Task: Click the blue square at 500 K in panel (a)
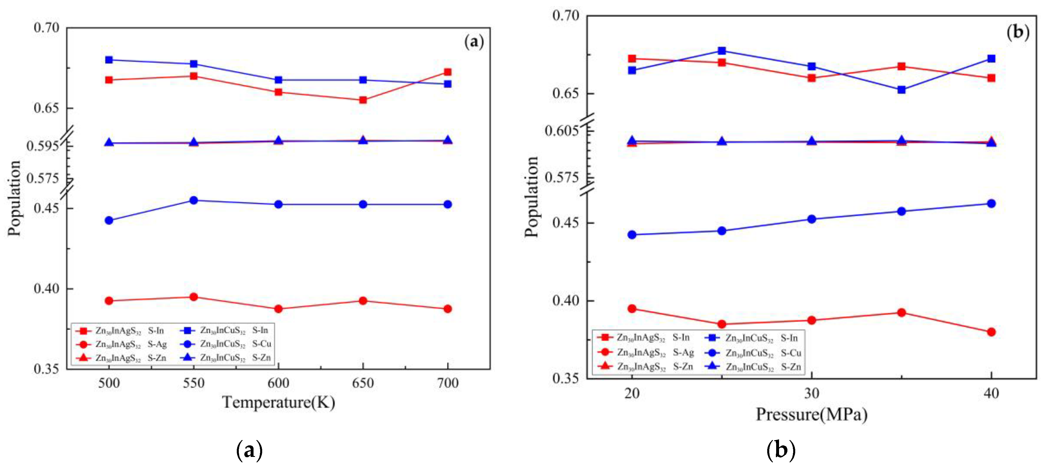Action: point(109,60)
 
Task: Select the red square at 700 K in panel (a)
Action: point(447,72)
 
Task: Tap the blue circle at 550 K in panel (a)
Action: point(194,200)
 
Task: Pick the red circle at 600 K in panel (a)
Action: point(278,309)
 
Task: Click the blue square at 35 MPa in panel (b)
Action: point(902,90)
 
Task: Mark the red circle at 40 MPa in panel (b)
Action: point(991,332)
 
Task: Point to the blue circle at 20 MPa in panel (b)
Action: point(632,235)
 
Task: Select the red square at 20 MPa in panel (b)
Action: point(632,59)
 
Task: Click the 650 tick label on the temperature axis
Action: point(363,383)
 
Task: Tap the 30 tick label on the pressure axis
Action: point(811,393)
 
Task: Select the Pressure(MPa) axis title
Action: point(811,415)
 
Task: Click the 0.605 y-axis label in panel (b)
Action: point(561,131)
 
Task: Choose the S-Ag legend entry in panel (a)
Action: point(157,344)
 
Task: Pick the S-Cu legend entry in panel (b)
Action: point(790,353)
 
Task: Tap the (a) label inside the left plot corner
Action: point(474,42)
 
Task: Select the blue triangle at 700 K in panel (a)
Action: point(447,140)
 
